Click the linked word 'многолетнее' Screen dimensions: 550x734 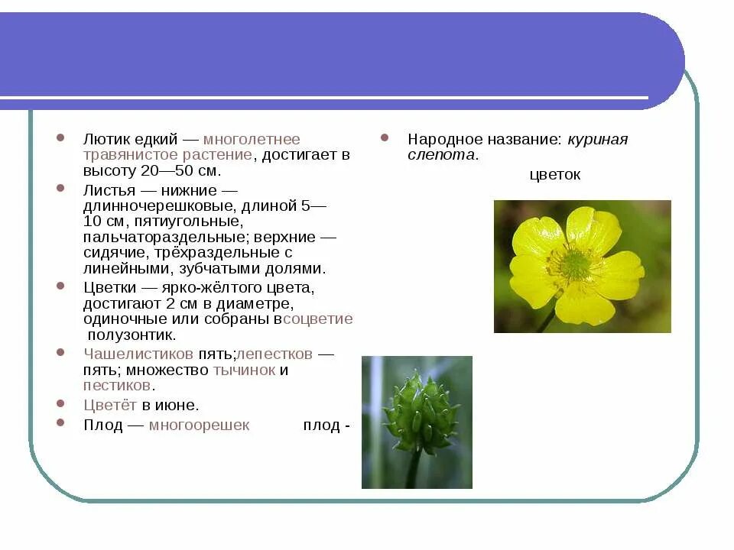[252, 140]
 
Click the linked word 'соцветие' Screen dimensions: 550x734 [318, 319]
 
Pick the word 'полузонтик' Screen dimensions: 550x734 [132, 335]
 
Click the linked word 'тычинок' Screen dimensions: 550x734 [245, 370]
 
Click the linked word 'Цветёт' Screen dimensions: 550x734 [110, 406]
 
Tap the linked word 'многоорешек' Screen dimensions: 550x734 [199, 425]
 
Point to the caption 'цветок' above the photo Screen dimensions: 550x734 [555, 175]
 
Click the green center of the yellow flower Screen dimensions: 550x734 [575, 265]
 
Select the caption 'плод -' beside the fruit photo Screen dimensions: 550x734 [326, 425]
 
